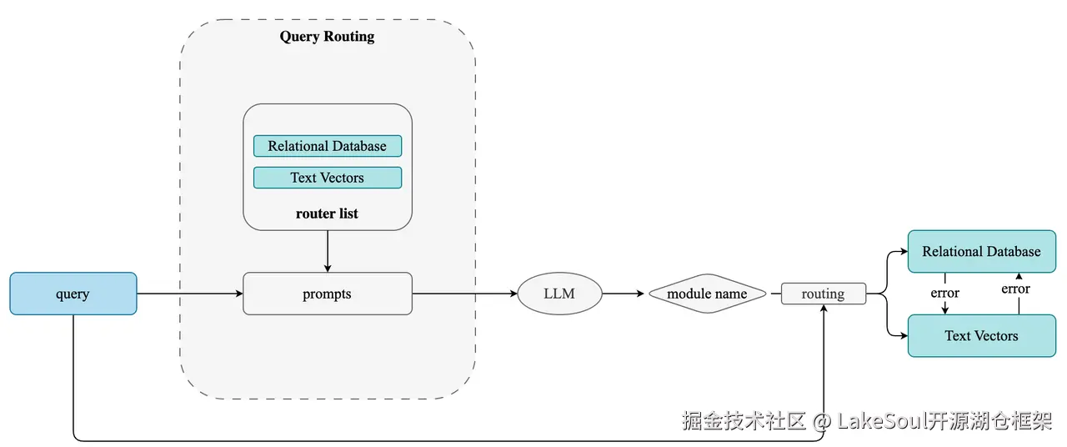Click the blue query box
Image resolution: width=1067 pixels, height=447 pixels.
pyautogui.click(x=73, y=294)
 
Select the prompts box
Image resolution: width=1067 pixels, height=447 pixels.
pyautogui.click(x=328, y=294)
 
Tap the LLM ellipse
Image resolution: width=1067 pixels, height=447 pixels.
pyautogui.click(x=559, y=294)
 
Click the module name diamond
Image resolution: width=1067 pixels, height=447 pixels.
pyautogui.click(x=708, y=294)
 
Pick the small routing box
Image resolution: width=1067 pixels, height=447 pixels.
pyautogui.click(x=823, y=294)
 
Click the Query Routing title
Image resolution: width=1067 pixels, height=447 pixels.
pyautogui.click(x=327, y=37)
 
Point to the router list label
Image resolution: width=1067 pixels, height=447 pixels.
pyautogui.click(x=327, y=213)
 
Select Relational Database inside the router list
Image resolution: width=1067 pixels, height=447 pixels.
pyautogui.click(x=328, y=146)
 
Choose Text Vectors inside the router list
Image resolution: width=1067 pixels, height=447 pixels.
pyautogui.click(x=328, y=178)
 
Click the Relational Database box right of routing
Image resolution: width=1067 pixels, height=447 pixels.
pyautogui.click(x=982, y=251)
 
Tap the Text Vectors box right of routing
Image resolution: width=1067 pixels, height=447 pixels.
pyautogui.click(x=982, y=335)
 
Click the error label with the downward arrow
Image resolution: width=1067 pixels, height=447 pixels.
pyautogui.click(x=945, y=293)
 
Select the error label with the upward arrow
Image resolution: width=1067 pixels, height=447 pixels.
pyautogui.click(x=1015, y=289)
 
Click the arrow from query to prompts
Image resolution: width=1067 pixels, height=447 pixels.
pyautogui.click(x=190, y=294)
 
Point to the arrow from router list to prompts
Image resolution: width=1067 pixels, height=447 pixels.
pyautogui.click(x=328, y=251)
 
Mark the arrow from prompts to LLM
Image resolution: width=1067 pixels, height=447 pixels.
pyautogui.click(x=465, y=294)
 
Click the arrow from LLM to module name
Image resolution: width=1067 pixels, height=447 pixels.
pyautogui.click(x=624, y=294)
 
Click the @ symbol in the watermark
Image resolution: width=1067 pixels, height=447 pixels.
pyautogui.click(x=822, y=422)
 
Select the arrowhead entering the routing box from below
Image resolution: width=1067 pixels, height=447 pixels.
pyautogui.click(x=824, y=309)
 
